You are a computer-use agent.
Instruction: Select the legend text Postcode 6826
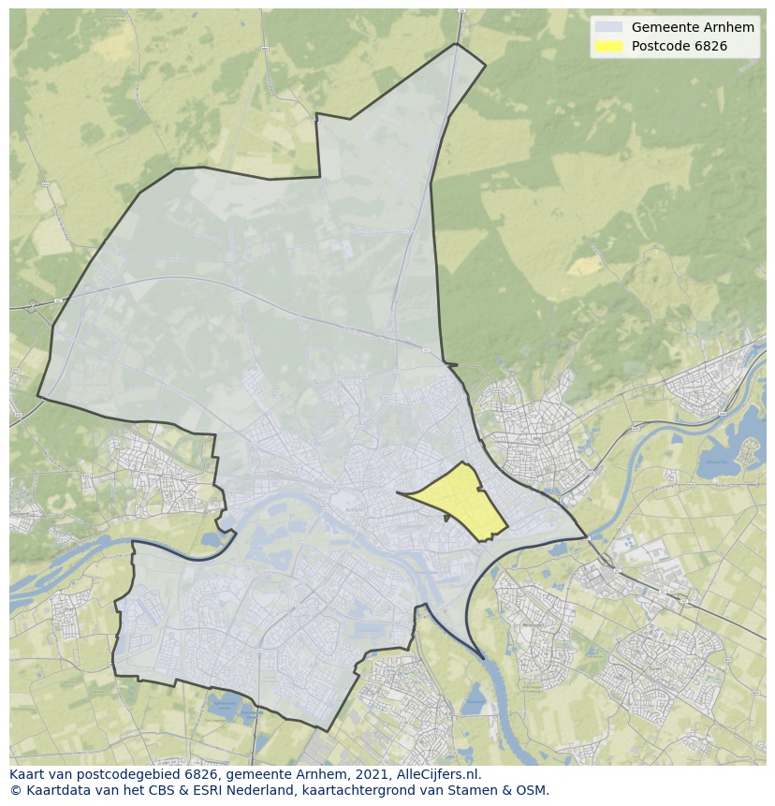tap(679, 46)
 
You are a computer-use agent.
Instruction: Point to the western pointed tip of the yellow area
tap(398, 492)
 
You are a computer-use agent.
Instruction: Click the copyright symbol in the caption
tap(15, 790)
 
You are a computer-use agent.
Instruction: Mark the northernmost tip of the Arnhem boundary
tap(456, 44)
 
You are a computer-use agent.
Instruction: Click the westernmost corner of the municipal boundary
tap(38, 396)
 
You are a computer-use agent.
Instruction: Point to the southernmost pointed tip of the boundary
tap(327, 730)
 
